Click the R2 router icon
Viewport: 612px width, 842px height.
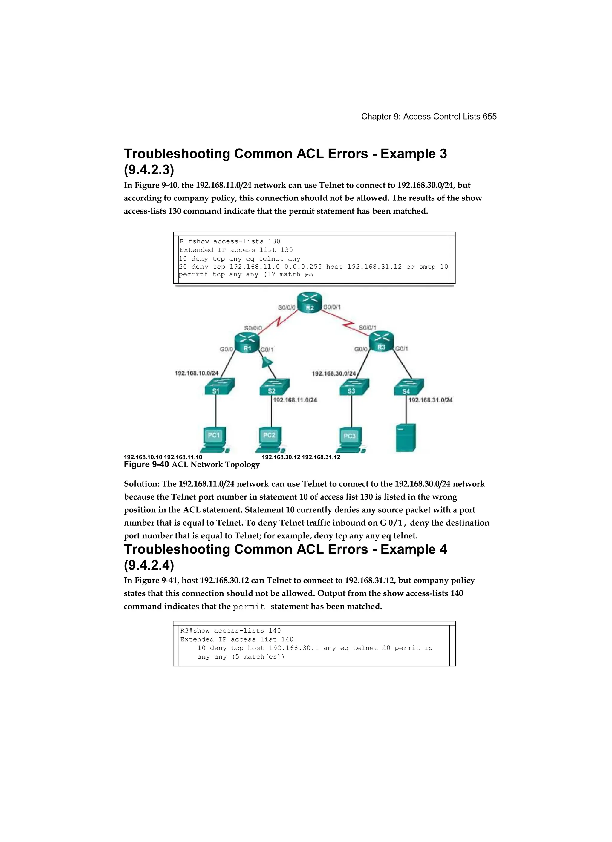tap(310, 303)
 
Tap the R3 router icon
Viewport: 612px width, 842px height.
tap(381, 342)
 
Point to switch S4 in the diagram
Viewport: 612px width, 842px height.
tap(408, 387)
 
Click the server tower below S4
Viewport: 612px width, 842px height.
tap(406, 438)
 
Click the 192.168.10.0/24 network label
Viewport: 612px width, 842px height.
tap(196, 373)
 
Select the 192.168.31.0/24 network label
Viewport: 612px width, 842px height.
tap(430, 400)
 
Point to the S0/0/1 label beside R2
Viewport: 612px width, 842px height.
tap(332, 307)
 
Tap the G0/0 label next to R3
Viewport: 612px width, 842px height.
tap(361, 349)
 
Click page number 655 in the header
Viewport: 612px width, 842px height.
tap(489, 117)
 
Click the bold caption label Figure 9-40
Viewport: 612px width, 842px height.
tap(146, 464)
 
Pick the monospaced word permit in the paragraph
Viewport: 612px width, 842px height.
tap(249, 607)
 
